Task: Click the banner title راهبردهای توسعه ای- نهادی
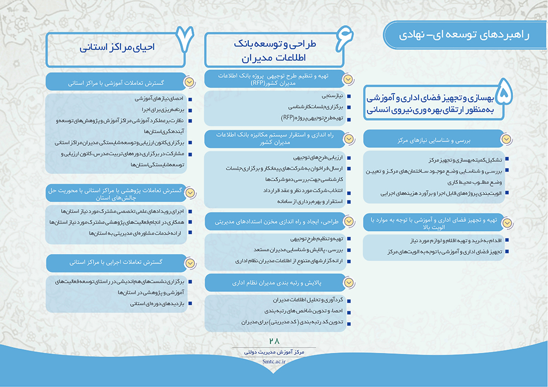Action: tap(464, 35)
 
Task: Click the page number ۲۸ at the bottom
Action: tap(275, 341)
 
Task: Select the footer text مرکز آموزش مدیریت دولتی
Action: tap(275, 352)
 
